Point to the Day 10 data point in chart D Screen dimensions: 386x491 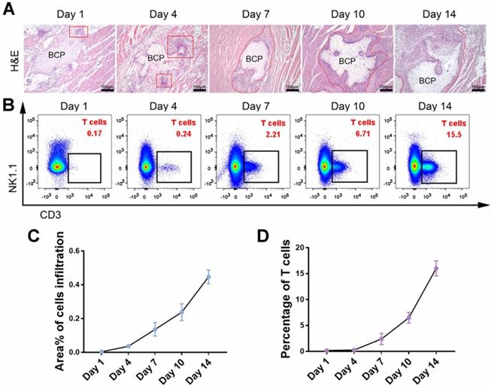click(x=409, y=318)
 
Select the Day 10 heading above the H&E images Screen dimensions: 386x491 click(x=347, y=14)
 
